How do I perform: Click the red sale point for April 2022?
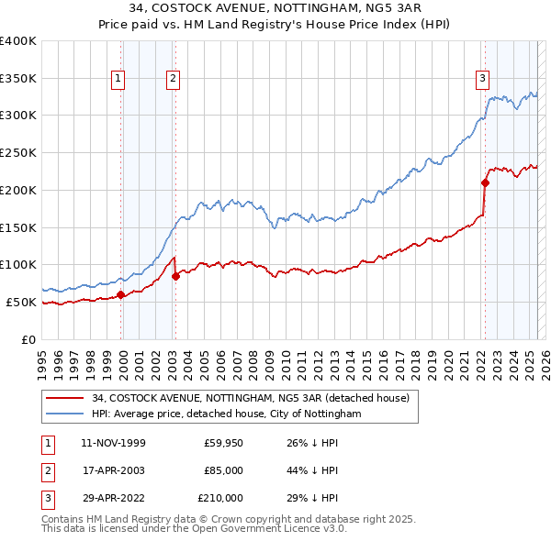point(485,182)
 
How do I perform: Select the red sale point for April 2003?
point(175,276)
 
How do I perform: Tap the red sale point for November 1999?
point(120,294)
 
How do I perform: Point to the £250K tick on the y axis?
point(18,152)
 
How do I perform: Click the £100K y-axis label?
point(18,264)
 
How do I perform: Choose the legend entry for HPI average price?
point(226,414)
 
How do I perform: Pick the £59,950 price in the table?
point(224,443)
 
